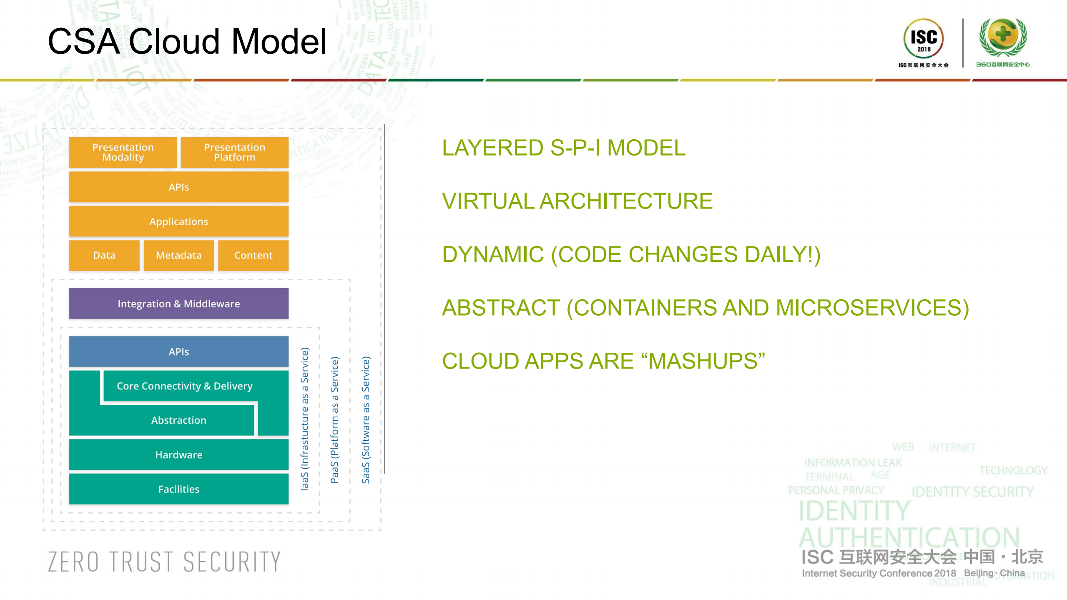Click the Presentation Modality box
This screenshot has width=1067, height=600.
pyautogui.click(x=123, y=152)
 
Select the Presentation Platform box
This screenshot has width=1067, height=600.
pyautogui.click(x=234, y=152)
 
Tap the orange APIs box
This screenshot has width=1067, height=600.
pyautogui.click(x=178, y=187)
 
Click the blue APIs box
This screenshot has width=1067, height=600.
pyautogui.click(x=178, y=351)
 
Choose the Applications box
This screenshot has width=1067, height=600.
pyautogui.click(x=178, y=221)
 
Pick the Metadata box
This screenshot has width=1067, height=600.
pyautogui.click(x=178, y=255)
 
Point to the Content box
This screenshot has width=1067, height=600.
pyautogui.click(x=253, y=255)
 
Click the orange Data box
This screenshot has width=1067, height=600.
pyautogui.click(x=104, y=255)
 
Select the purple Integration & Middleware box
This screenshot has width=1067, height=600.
pyautogui.click(x=178, y=304)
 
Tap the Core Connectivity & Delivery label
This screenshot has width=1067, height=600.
pyautogui.click(x=184, y=386)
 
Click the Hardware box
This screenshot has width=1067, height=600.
pyautogui.click(x=178, y=454)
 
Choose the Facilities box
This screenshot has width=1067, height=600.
pyautogui.click(x=178, y=489)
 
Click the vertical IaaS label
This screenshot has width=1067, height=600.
pyautogui.click(x=305, y=419)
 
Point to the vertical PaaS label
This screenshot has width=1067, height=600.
pyautogui.click(x=334, y=419)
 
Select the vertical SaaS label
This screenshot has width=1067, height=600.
pyautogui.click(x=366, y=419)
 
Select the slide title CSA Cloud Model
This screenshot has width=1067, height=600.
pyautogui.click(x=187, y=41)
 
